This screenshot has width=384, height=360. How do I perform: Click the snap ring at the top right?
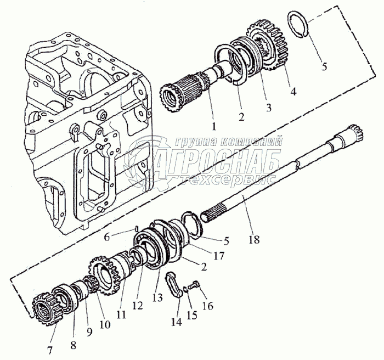pyautogui.click(x=300, y=26)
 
